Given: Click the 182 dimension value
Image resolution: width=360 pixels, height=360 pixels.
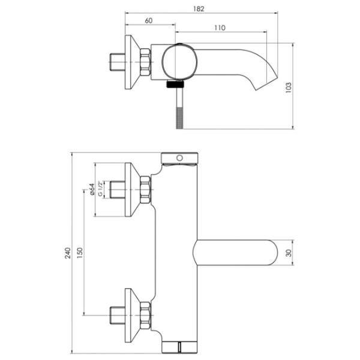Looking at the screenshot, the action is [199, 9].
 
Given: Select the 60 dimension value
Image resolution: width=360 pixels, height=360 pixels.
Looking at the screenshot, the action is [149, 20].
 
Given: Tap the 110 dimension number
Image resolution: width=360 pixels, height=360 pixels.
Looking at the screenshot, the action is [220, 28].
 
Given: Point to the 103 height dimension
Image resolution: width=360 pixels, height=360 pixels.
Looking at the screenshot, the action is [289, 87].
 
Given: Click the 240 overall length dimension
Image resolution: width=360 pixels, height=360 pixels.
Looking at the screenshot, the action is [67, 253].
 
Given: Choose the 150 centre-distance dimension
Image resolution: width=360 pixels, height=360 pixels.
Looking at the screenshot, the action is [79, 253].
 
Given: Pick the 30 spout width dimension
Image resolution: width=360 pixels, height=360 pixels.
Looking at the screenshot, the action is [289, 253].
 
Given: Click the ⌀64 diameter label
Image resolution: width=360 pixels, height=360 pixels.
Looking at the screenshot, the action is [92, 190].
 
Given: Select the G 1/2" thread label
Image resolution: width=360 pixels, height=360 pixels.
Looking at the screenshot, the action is [100, 189].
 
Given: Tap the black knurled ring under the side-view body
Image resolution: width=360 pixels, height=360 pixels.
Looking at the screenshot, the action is [175, 85].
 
